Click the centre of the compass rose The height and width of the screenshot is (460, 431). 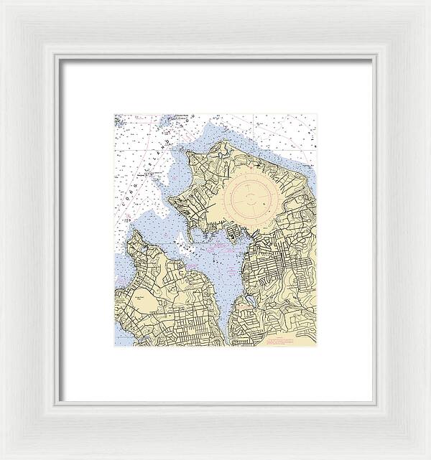[248, 197]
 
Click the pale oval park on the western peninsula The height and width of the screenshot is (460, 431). [139, 304]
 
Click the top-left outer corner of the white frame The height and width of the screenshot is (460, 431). [1, 1]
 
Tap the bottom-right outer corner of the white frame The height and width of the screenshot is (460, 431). [430, 459]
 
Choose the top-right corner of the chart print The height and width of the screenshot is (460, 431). [317, 113]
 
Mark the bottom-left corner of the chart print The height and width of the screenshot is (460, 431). [113, 346]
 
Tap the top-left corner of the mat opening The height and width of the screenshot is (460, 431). [59, 59]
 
